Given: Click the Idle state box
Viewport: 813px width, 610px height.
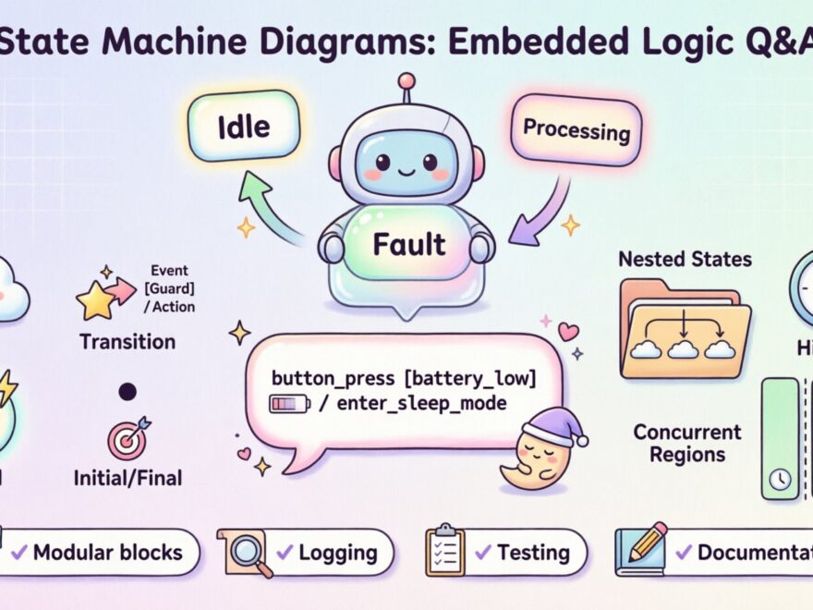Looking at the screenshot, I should point(243,128).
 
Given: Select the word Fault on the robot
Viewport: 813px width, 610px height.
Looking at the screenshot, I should point(409,244).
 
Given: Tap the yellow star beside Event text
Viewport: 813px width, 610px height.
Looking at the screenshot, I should point(95,299).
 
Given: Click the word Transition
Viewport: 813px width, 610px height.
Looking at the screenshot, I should point(127,341).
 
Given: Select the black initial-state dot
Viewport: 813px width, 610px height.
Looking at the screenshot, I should point(127,391).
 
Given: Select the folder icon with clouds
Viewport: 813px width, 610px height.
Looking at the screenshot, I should point(684,328).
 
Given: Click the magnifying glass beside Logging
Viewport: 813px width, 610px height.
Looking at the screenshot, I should point(245,554).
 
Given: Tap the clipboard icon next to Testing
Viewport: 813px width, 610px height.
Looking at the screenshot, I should point(444,552).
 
